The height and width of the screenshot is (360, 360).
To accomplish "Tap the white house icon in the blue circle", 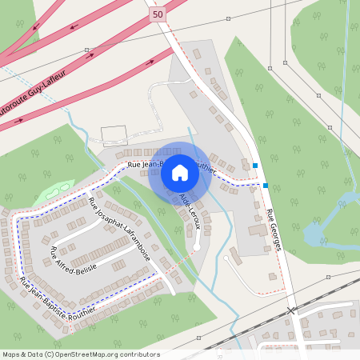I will point(180,172).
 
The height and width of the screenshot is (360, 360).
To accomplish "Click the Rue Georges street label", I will point(275,230).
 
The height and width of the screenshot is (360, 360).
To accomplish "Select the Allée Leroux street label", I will point(191,210).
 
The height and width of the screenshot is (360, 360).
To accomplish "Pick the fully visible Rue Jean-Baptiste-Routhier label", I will point(57,296).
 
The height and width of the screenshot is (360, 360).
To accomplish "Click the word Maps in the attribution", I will point(12,354).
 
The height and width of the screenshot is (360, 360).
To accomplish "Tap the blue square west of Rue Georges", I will point(255,166).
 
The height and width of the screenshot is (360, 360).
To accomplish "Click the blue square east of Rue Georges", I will point(265,186).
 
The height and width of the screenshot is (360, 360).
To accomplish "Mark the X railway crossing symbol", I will point(291,310).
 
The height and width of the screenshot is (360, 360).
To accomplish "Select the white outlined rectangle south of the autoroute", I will point(114,135).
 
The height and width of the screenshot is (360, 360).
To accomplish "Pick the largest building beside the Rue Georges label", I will point(258,230).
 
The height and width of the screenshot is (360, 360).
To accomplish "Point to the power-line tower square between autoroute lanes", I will point(86,50).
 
